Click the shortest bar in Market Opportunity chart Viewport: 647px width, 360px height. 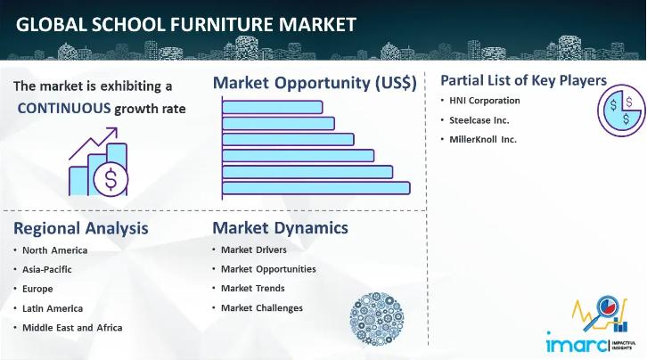(273, 107)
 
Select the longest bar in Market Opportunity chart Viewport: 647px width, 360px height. (316, 188)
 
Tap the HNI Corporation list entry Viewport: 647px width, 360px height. (485, 101)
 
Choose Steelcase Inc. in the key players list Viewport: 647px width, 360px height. (479, 120)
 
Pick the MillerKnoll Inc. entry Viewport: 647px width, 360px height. (483, 139)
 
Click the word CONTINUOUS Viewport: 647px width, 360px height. (64, 109)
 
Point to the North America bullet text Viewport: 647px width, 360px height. (55, 250)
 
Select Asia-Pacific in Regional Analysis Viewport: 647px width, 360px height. (47, 269)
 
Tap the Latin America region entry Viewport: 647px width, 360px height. (53, 308)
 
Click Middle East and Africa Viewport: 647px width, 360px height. (72, 328)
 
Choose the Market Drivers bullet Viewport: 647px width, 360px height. (254, 250)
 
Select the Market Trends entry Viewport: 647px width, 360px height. (253, 288)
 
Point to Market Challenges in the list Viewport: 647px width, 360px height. (262, 308)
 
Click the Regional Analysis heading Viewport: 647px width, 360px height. (81, 228)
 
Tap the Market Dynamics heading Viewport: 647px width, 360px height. (280, 227)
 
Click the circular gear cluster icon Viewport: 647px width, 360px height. (377, 319)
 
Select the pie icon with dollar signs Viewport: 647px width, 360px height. (621, 110)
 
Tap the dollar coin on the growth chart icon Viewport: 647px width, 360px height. (111, 179)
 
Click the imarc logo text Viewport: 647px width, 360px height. (577, 343)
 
